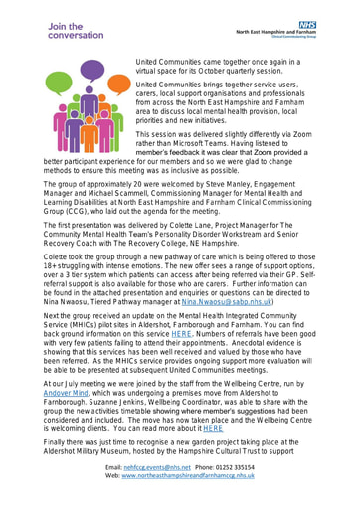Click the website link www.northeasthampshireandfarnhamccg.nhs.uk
pyautogui.click(x=189, y=498)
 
